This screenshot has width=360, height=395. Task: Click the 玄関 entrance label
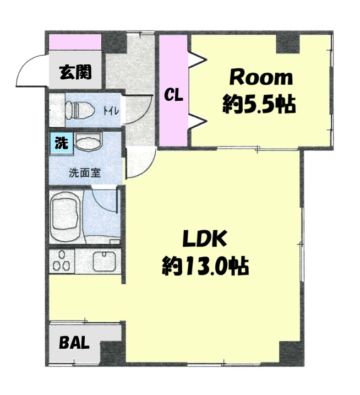(x=75, y=72)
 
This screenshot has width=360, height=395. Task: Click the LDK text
(x=204, y=239)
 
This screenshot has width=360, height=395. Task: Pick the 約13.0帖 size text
(x=205, y=266)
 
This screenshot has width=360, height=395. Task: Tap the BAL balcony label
(x=74, y=342)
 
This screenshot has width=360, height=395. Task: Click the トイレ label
(x=111, y=110)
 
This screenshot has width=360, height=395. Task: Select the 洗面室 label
(x=85, y=173)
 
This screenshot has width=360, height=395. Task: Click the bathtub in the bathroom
(x=66, y=217)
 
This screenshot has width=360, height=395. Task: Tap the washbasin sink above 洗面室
(x=89, y=142)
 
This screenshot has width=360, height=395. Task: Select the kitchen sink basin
(x=104, y=261)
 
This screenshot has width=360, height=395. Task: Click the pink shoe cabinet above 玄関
(x=75, y=42)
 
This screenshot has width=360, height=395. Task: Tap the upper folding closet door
(x=198, y=60)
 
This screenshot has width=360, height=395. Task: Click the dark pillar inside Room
(x=288, y=44)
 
